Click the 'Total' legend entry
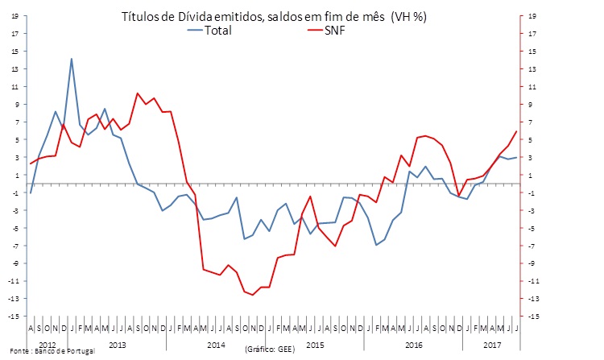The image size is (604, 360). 217,31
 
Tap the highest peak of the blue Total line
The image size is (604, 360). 72,59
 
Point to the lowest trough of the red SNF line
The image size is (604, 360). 253,295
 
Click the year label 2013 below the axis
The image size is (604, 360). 116,345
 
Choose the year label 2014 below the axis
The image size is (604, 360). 216,345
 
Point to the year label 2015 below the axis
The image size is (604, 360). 316,345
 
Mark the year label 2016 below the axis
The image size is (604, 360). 414,345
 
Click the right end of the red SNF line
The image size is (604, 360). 516,131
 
